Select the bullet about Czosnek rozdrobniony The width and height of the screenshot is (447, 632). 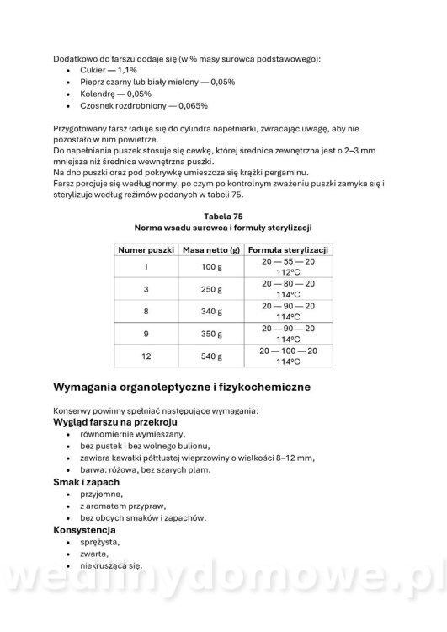tap(132, 106)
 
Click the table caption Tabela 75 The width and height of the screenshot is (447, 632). tap(223, 216)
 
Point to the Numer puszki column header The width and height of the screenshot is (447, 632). tap(146, 250)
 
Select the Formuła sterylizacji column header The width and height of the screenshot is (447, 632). tap(288, 250)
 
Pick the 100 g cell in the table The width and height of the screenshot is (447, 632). tap(211, 267)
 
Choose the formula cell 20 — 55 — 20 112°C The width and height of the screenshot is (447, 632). tap(288, 267)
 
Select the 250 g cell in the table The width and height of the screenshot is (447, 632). tap(211, 289)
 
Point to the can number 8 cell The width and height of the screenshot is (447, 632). tap(146, 311)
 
